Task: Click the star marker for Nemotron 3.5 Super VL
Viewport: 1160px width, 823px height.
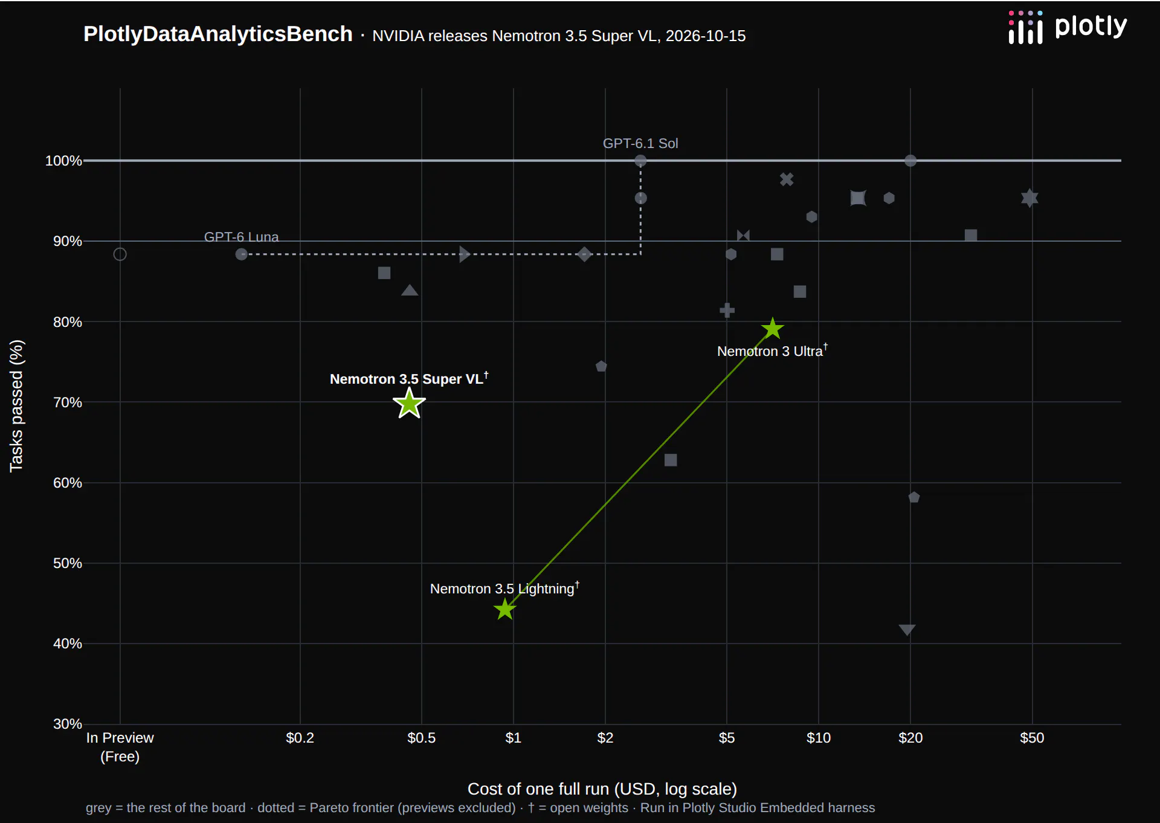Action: click(x=409, y=403)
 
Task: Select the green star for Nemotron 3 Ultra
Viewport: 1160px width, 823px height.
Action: click(x=772, y=329)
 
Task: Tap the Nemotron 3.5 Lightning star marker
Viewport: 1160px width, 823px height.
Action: click(x=504, y=609)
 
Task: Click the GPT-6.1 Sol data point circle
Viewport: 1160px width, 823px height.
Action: click(x=640, y=161)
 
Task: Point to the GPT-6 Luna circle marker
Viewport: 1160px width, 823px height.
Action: click(x=241, y=254)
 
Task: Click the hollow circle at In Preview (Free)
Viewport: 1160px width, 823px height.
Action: click(x=120, y=254)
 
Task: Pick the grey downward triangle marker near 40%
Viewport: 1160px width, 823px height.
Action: click(x=907, y=630)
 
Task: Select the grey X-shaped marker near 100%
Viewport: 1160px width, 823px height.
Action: click(x=786, y=179)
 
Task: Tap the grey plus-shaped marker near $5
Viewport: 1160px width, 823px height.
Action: click(x=727, y=311)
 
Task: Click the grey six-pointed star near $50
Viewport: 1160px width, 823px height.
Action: click(x=1029, y=198)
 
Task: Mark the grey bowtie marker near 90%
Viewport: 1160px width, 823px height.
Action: click(x=743, y=236)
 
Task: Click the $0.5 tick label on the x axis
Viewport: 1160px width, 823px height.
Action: click(x=421, y=738)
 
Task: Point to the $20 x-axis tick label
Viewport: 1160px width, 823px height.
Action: click(x=910, y=738)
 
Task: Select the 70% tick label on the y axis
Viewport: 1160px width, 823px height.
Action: click(x=68, y=402)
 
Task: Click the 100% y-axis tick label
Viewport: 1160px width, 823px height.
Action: click(x=63, y=161)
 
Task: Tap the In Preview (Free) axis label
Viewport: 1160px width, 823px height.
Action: click(x=120, y=747)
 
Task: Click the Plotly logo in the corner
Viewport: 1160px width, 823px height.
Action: click(x=1068, y=27)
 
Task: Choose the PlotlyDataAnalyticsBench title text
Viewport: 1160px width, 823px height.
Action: click(x=217, y=34)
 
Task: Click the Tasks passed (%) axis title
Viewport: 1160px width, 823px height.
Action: click(x=16, y=406)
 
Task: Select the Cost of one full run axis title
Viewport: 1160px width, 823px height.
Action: click(x=602, y=789)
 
